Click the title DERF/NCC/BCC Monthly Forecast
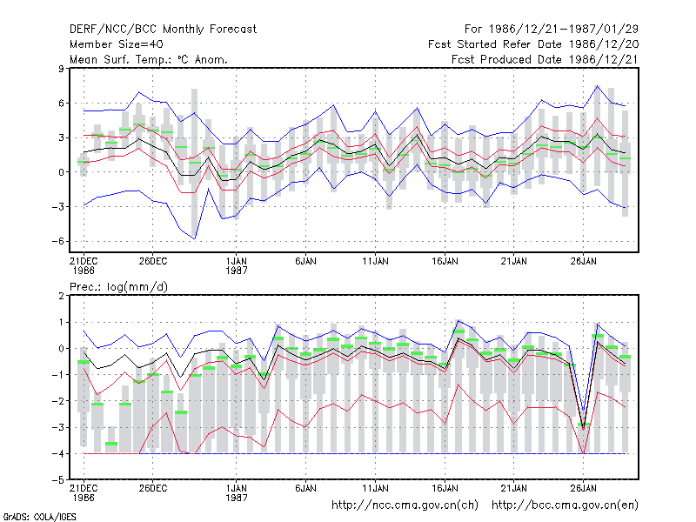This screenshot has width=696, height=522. [163, 30]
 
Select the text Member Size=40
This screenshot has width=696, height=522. [117, 44]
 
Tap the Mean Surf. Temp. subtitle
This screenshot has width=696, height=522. [148, 59]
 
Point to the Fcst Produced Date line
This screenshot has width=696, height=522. [545, 59]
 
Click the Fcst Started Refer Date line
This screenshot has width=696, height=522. [533, 44]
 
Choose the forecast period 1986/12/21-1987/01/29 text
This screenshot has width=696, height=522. [552, 30]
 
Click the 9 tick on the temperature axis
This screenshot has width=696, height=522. [61, 69]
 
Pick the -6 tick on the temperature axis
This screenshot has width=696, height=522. [58, 242]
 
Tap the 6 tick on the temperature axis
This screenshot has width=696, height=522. [61, 104]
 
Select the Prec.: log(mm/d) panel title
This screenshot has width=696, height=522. [118, 287]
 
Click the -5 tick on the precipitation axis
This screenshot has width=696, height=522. [58, 480]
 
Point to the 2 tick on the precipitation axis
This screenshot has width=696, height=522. [61, 296]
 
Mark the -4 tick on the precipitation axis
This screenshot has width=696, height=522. [58, 453]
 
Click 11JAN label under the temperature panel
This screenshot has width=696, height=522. [375, 262]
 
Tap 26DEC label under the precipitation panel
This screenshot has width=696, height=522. [153, 488]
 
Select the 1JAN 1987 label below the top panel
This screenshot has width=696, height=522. [236, 266]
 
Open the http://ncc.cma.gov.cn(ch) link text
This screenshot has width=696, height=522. [405, 505]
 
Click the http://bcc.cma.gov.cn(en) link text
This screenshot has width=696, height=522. [565, 505]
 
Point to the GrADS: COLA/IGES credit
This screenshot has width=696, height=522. [39, 517]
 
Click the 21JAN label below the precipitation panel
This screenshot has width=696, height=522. [514, 488]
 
